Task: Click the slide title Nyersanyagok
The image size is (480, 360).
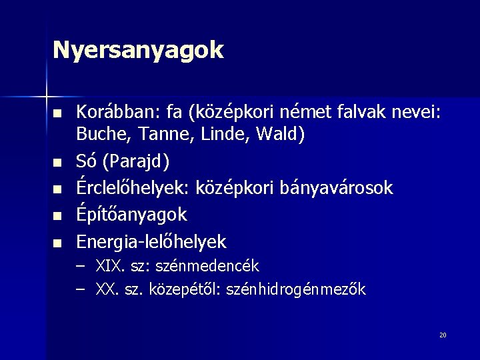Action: tap(139, 50)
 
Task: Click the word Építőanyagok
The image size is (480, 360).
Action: tap(132, 215)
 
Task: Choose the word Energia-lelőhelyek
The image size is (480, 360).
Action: tap(151, 241)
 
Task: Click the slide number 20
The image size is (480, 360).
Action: tap(443, 335)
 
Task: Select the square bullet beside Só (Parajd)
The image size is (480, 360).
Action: tap(59, 162)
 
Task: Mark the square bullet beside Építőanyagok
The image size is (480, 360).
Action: tap(59, 215)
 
